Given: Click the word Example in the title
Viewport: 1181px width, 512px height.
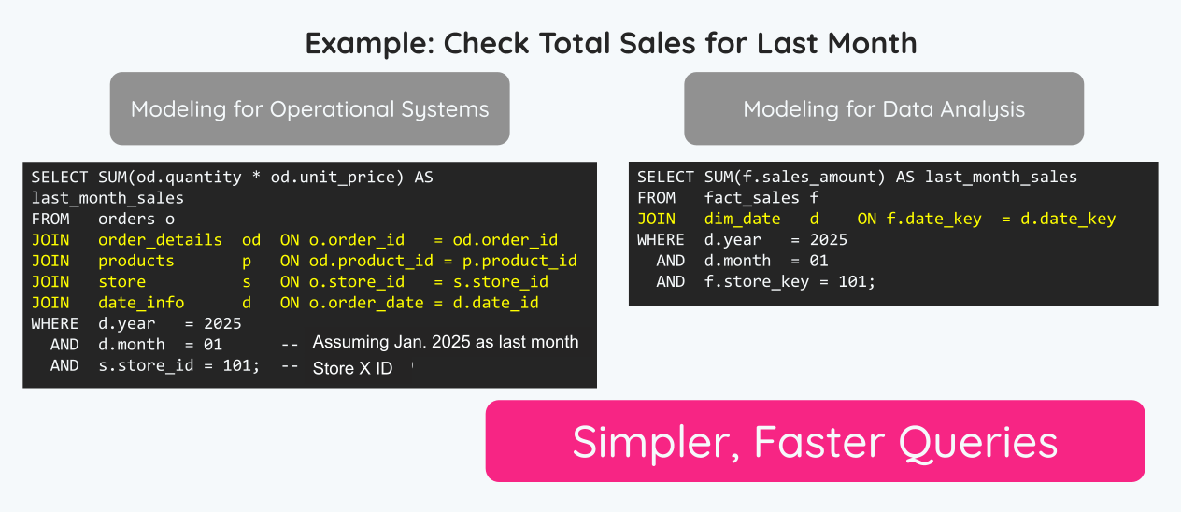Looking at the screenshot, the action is [370, 44].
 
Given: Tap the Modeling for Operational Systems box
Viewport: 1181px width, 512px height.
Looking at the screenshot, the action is [310, 108].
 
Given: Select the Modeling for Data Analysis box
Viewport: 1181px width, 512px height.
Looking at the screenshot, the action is [884, 108].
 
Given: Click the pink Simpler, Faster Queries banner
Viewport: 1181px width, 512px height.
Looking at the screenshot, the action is [815, 441].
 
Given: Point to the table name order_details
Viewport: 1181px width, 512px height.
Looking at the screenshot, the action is [161, 240].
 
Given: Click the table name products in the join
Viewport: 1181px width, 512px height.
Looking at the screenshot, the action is [136, 261].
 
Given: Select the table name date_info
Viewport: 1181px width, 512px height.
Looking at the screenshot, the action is [141, 303].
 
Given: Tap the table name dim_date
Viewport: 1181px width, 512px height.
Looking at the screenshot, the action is [743, 219].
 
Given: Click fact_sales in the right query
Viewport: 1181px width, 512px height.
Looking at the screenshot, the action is [752, 198].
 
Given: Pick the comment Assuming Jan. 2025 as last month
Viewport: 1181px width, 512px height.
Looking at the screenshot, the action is [446, 342].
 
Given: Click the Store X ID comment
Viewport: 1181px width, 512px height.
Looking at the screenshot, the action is [353, 368].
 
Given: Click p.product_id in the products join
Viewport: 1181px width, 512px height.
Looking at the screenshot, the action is [519, 261].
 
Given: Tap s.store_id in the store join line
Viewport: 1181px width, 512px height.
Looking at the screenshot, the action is [501, 282].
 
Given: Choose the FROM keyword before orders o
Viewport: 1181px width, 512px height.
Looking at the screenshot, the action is [50, 219].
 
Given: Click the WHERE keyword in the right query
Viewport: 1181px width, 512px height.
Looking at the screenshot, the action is [661, 240].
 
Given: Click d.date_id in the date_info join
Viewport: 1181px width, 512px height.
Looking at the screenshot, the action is [495, 303].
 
